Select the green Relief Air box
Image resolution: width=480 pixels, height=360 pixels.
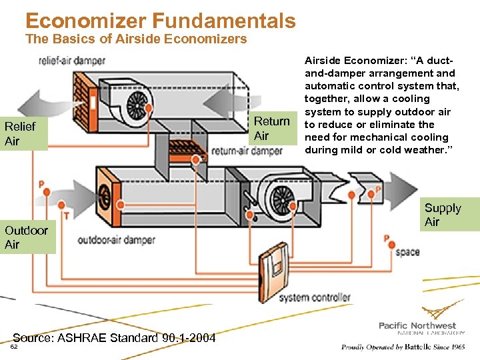pyautogui.click(x=24, y=133)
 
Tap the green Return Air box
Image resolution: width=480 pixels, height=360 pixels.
pyautogui.click(x=272, y=128)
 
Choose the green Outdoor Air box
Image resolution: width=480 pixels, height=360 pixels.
pyautogui.click(x=27, y=237)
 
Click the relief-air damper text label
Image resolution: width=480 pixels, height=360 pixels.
pyautogui.click(x=72, y=61)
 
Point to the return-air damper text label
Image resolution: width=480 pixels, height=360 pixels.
pyautogui.click(x=247, y=151)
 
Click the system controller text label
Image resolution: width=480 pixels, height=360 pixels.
pyautogui.click(x=314, y=297)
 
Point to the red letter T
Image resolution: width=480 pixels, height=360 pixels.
pyautogui.click(x=67, y=215)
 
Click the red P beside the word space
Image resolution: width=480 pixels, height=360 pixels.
pyautogui.click(x=386, y=237)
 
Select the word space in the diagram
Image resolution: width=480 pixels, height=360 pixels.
pyautogui.click(x=407, y=252)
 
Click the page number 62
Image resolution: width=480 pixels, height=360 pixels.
pyautogui.click(x=15, y=347)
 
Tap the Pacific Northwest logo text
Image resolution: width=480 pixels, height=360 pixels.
pyautogui.click(x=417, y=325)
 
